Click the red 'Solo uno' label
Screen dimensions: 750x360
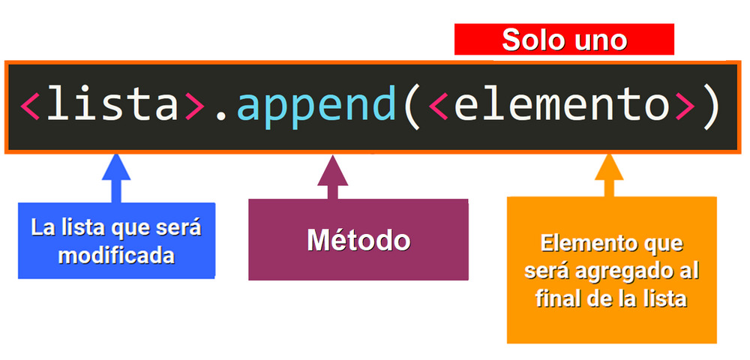tap(564, 40)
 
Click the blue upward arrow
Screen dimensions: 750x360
tap(116, 178)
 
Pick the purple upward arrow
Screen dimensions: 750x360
tap(332, 177)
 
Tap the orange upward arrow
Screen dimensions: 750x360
tap(609, 175)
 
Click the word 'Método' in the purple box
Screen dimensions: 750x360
tap(358, 240)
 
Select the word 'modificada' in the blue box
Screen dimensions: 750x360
tap(116, 256)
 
